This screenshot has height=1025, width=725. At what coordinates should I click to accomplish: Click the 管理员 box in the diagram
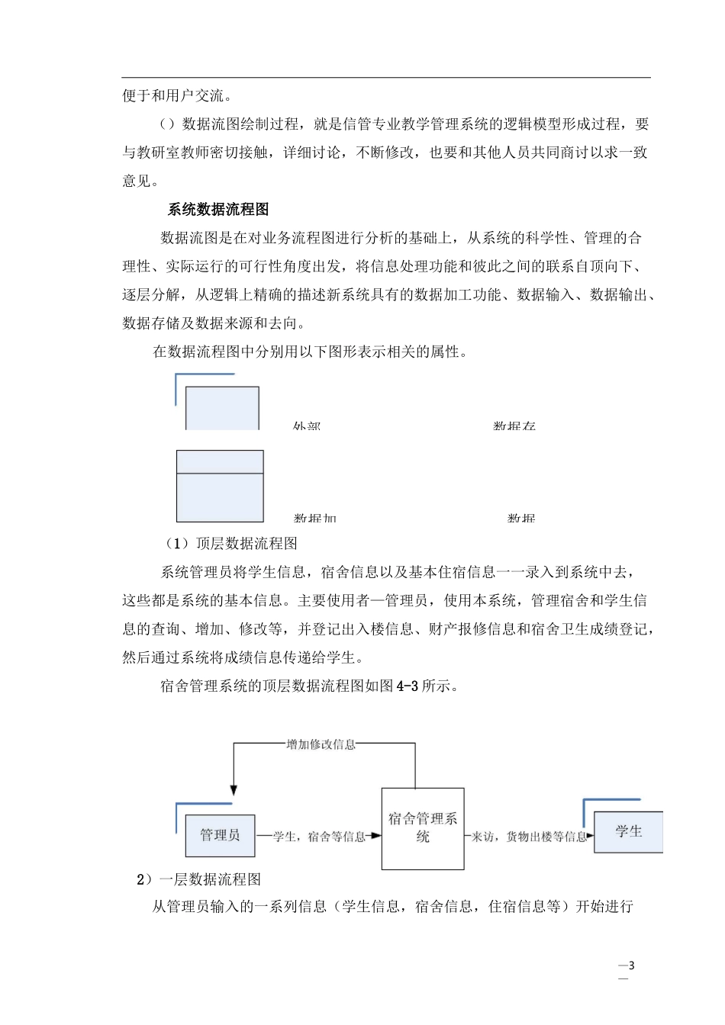click(x=220, y=835)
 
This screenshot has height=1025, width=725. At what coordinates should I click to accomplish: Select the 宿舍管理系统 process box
click(x=423, y=828)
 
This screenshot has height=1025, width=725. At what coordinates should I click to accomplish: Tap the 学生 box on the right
click(x=628, y=831)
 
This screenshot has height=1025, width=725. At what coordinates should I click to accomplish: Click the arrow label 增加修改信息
click(x=321, y=744)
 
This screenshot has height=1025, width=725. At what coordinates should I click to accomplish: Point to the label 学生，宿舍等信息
click(x=319, y=837)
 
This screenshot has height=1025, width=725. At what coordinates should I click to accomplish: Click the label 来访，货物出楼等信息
click(x=529, y=837)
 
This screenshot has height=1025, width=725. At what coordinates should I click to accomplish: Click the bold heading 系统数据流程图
click(x=218, y=210)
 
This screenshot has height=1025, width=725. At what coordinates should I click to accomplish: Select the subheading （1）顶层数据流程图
click(x=231, y=544)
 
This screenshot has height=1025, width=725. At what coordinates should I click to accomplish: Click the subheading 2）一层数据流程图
click(x=198, y=879)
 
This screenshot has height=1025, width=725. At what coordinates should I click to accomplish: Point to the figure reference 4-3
click(x=408, y=686)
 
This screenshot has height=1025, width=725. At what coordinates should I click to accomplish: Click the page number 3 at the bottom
click(x=631, y=966)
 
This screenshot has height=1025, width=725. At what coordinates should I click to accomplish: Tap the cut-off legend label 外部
click(x=307, y=426)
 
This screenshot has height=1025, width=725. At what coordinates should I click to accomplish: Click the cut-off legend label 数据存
click(x=514, y=426)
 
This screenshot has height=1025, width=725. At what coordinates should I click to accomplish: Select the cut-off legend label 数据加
click(x=314, y=519)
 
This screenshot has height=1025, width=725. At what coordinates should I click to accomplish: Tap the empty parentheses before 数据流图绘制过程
click(x=168, y=124)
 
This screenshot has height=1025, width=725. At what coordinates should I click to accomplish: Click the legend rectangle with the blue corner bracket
click(x=222, y=407)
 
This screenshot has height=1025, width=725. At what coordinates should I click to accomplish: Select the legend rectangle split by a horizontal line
click(x=220, y=486)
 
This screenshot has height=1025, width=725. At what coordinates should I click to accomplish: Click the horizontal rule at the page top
click(x=386, y=77)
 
